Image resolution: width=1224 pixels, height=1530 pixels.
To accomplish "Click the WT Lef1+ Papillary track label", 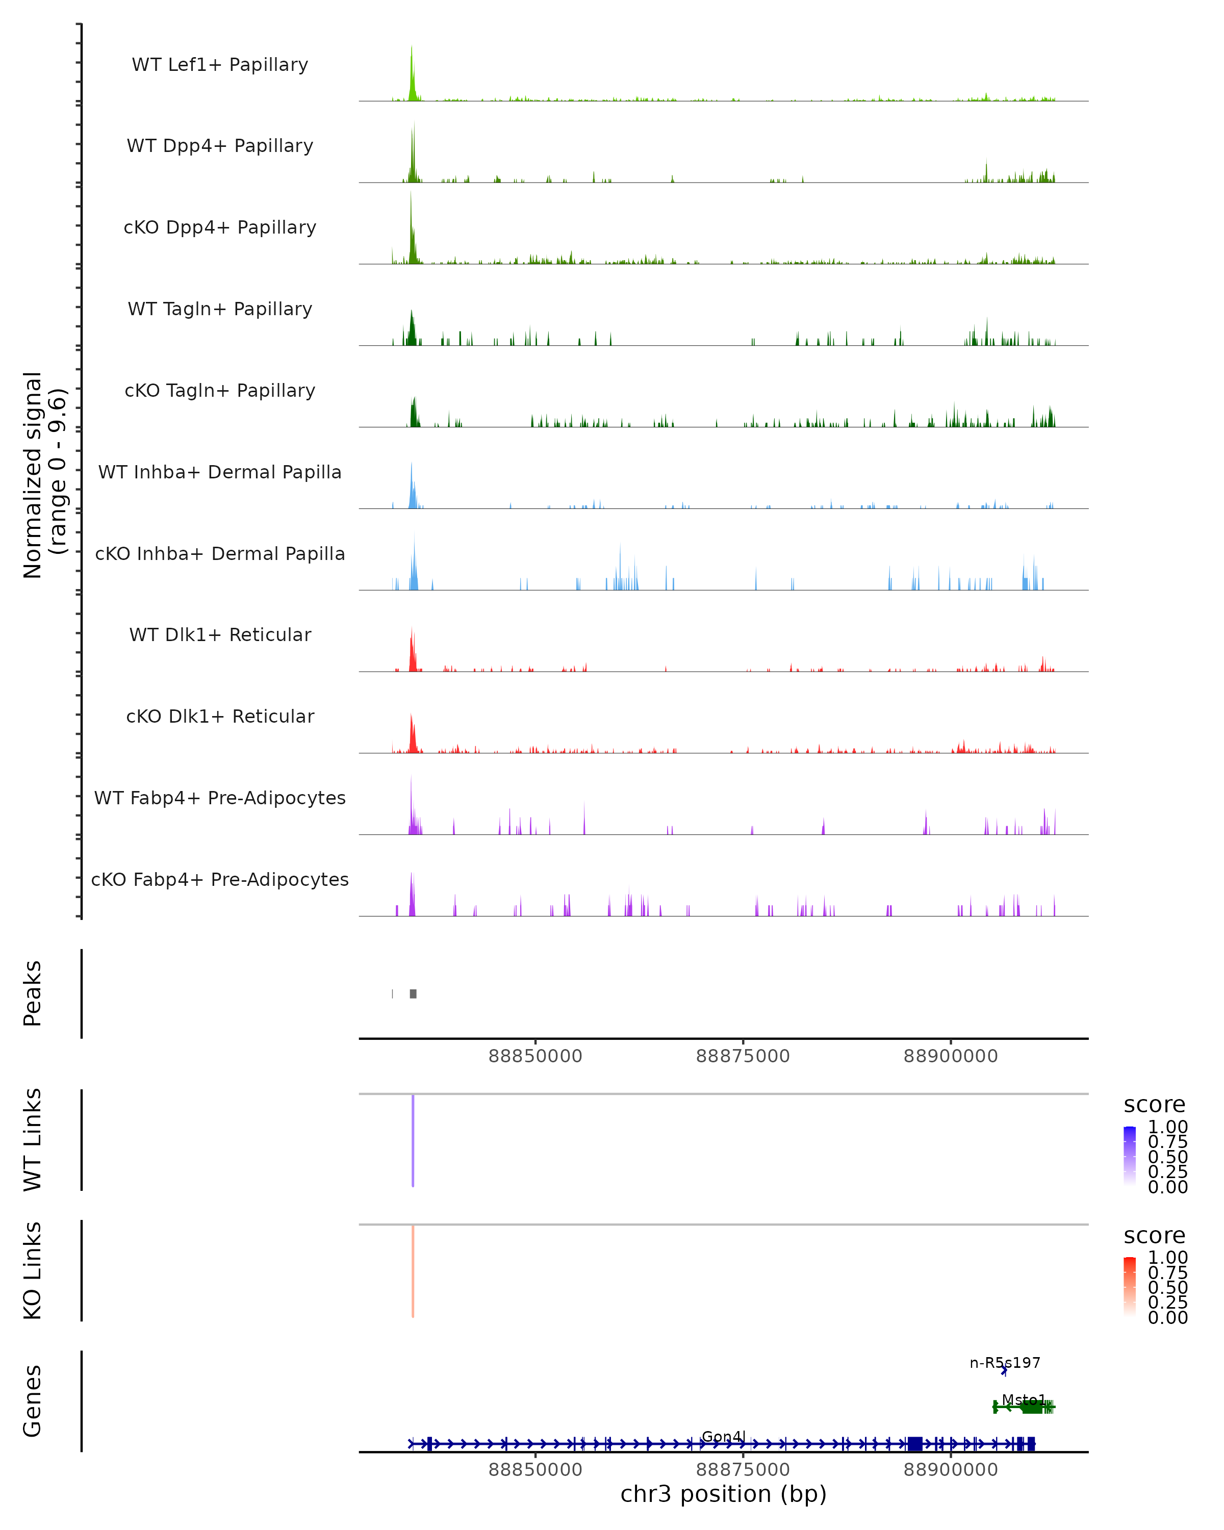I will point(220,65).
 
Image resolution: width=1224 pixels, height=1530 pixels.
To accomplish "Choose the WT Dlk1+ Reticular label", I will point(220,634).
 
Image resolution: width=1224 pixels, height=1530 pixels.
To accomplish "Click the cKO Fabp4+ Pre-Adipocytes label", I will point(220,879).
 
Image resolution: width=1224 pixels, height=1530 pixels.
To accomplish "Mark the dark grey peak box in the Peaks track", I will point(413,993).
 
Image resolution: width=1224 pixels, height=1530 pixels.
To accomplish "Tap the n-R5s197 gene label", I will point(1005,1363).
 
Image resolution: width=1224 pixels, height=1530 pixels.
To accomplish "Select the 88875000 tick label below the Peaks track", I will point(743,1056).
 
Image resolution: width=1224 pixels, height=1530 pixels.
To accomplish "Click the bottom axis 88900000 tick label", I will point(950,1470).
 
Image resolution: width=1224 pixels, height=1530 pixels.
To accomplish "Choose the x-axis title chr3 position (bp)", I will point(723,1494).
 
